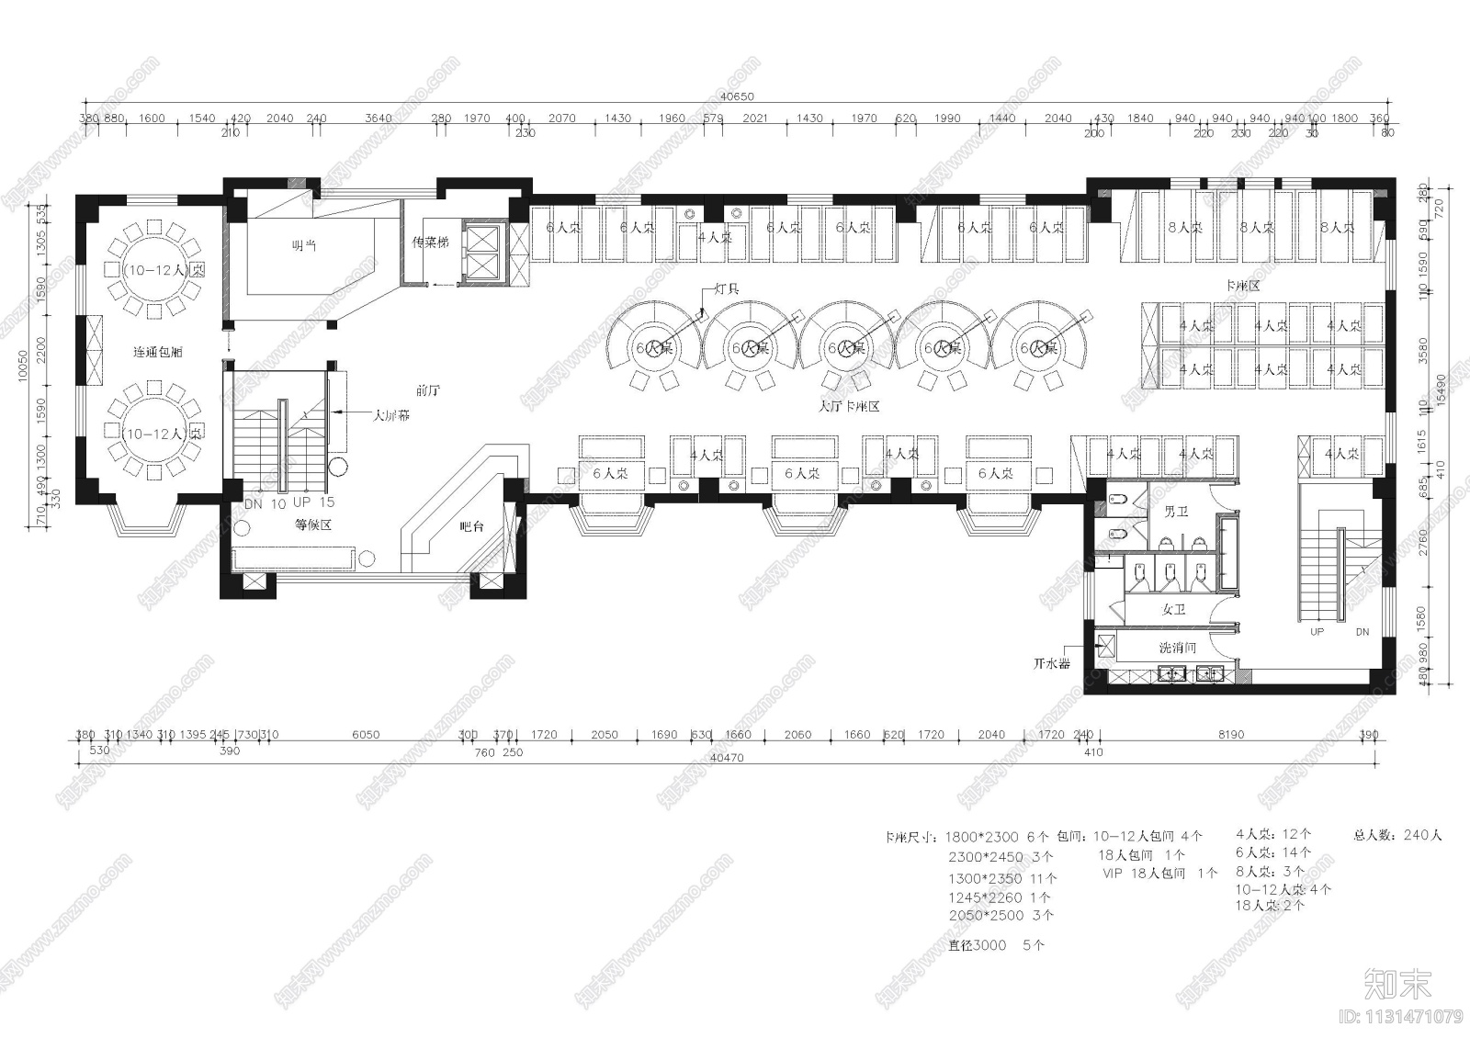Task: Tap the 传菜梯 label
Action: (x=431, y=243)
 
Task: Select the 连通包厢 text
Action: (x=157, y=352)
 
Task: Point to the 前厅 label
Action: (x=428, y=390)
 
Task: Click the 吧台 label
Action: (x=471, y=526)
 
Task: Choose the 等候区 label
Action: (x=312, y=525)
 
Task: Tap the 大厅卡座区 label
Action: (x=849, y=405)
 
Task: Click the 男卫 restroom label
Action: (x=1176, y=511)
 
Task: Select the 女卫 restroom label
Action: (x=1174, y=609)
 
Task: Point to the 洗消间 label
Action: (x=1177, y=648)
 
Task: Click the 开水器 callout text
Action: (x=1052, y=663)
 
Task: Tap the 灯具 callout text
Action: (x=727, y=288)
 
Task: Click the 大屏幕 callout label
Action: (x=391, y=415)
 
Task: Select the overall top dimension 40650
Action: (x=737, y=96)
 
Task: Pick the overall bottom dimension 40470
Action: (x=727, y=758)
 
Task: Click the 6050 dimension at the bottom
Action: (x=366, y=735)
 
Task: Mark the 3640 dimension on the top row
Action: (x=379, y=118)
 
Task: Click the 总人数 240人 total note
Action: (x=1397, y=835)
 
